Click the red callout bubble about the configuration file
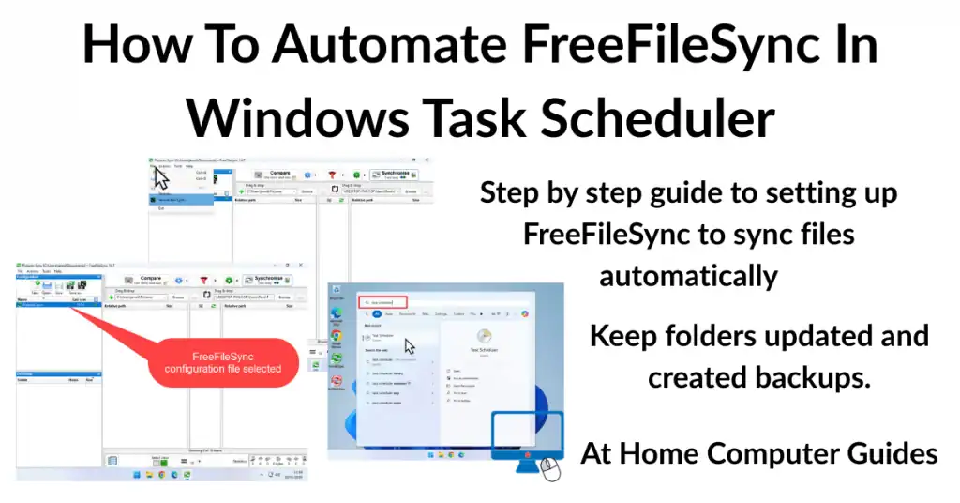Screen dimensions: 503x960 (222, 362)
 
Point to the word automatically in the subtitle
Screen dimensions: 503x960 (688, 276)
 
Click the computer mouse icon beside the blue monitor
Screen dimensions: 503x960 (550, 470)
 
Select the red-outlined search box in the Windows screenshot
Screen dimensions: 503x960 (382, 303)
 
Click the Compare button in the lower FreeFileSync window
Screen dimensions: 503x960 (149, 280)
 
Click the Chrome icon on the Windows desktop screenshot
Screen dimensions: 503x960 (336, 335)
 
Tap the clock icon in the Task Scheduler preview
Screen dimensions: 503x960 (485, 337)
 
